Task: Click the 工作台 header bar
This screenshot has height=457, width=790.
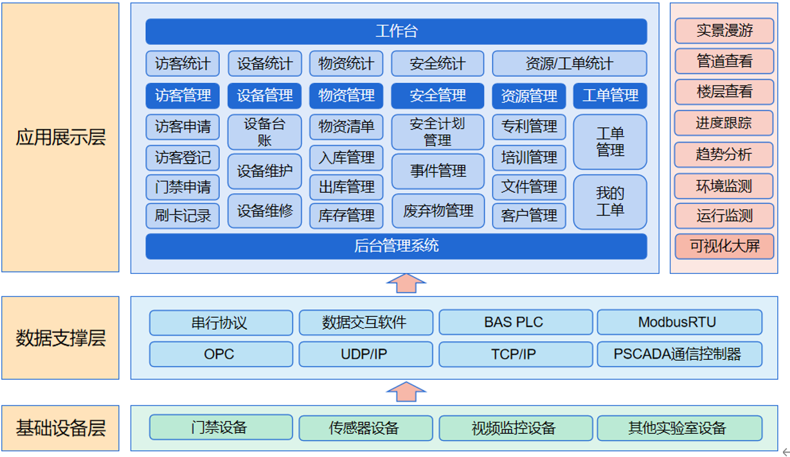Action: tap(396, 31)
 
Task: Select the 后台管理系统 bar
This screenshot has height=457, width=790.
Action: tap(396, 246)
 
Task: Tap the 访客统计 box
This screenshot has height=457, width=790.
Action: tap(183, 64)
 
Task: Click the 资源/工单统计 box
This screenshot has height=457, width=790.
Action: tap(569, 64)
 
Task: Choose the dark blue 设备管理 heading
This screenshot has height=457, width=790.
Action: tap(264, 96)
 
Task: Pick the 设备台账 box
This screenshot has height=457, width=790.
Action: tap(264, 132)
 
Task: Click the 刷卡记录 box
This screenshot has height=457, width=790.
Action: tap(183, 216)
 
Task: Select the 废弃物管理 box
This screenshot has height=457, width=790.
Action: tap(438, 211)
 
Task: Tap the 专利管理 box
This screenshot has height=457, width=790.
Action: tap(529, 127)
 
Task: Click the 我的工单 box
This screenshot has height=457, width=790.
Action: tap(609, 202)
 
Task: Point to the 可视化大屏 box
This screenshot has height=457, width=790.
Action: tap(724, 246)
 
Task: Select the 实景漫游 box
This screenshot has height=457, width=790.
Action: tap(724, 30)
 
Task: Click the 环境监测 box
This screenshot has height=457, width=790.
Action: tap(724, 186)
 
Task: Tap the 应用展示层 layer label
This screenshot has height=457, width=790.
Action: tap(60, 138)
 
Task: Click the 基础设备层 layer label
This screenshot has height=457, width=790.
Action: tap(60, 428)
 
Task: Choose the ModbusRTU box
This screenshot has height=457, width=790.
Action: tap(679, 323)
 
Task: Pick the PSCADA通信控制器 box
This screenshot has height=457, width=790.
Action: tap(679, 354)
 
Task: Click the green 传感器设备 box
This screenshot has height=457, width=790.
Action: tap(365, 428)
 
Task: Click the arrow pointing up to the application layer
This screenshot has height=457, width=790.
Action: tap(406, 283)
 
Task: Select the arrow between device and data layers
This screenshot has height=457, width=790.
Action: tap(406, 391)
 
